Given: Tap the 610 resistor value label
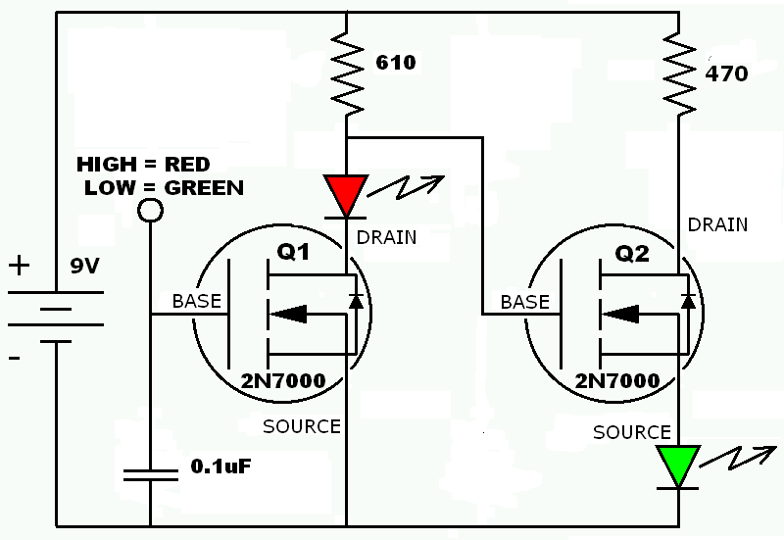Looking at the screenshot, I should pyautogui.click(x=396, y=63).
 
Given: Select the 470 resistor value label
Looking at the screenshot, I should pyautogui.click(x=727, y=74).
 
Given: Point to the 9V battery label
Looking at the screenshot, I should pyautogui.click(x=84, y=267).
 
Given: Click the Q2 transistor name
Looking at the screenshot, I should pyautogui.click(x=632, y=255).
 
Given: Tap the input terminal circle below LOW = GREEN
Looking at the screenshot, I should pyautogui.click(x=150, y=210).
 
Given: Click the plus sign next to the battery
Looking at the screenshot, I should pyautogui.click(x=19, y=266).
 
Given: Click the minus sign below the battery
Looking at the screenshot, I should pyautogui.click(x=16, y=360).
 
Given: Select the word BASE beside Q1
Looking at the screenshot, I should pyautogui.click(x=197, y=301).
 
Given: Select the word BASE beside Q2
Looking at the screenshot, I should pyautogui.click(x=525, y=302).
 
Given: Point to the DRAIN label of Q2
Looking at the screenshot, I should pyautogui.click(x=717, y=224).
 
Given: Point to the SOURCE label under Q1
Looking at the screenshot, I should pyautogui.click(x=302, y=426).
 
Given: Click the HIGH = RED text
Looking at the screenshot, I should pyautogui.click(x=143, y=164).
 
